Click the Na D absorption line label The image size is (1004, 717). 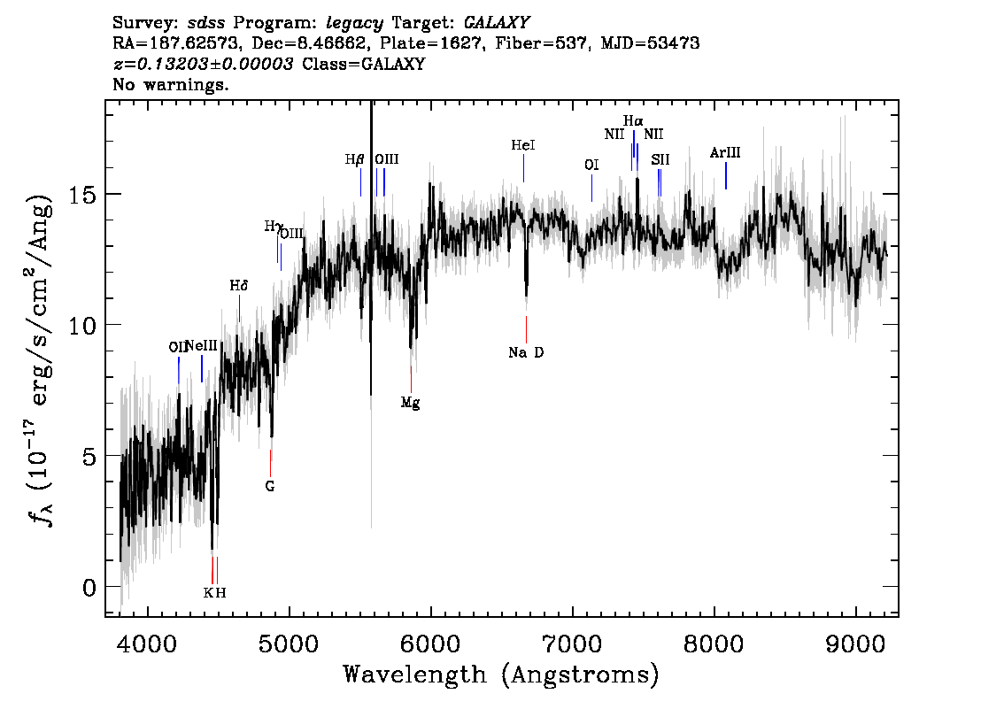coord(526,352)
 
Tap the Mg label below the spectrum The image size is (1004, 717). coord(411,403)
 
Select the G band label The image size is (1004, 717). coord(269,486)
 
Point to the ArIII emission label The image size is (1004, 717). coord(725,152)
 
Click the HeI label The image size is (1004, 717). coord(523,145)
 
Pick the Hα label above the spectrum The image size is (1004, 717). coord(633,120)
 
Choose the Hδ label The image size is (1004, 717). coord(239,285)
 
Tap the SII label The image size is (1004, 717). coord(660,159)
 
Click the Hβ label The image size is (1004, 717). coord(354,159)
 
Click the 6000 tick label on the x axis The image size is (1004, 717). coord(431,644)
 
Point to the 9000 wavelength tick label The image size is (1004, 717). coord(855,644)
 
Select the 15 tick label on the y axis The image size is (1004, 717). coord(82,194)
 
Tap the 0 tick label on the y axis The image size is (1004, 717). coord(89,587)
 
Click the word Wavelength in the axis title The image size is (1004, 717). coord(414,675)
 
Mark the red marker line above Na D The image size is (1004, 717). coord(526,329)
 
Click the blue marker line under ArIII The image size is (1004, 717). coord(725,175)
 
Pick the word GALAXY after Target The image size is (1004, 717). coord(497,22)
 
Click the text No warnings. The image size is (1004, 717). coord(170,84)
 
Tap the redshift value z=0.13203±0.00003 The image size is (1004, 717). coord(203,64)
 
